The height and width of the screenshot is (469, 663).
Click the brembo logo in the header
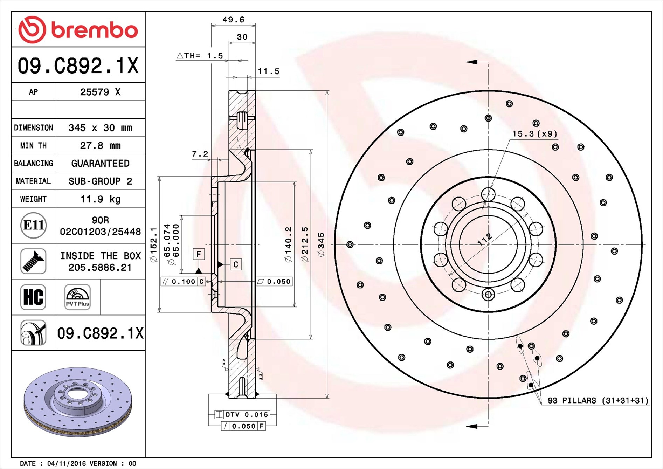pos(78,29)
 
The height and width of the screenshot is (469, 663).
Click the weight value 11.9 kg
pos(101,199)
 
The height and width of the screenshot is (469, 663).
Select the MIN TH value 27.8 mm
pos(101,145)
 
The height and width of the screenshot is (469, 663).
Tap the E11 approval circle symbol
pos(33,225)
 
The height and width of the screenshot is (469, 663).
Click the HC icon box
pos(33,297)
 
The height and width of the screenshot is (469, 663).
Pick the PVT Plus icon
pos(77,297)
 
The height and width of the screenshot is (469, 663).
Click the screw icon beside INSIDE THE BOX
pos(33,261)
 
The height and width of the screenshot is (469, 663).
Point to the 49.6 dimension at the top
pos(233,20)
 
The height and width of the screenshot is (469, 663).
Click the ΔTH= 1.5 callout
pos(200,56)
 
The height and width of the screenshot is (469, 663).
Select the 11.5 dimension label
pos(269,71)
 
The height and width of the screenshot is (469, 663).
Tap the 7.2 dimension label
pos(200,154)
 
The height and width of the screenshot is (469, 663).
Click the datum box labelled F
pos(199,254)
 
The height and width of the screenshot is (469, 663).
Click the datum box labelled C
pos(236,264)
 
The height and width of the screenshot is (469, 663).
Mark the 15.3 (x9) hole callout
pos(534,134)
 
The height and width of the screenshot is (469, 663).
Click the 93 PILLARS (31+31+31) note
pos(598,400)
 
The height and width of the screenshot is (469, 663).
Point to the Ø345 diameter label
pos(321,244)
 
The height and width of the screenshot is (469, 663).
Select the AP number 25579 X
pos(101,92)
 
